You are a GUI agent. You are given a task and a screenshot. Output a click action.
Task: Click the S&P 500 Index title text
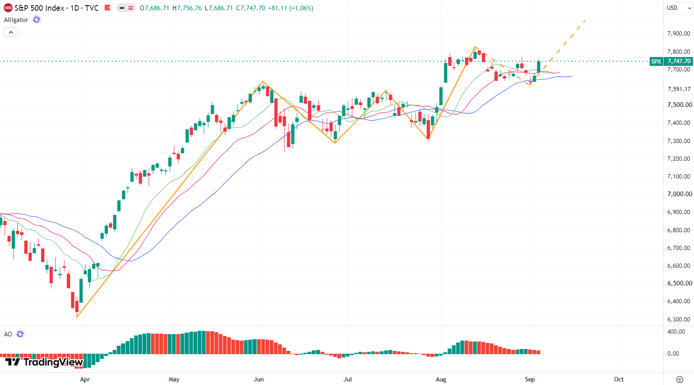click(x=39, y=8)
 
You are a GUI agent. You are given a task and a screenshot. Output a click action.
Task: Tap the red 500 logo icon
click(x=8, y=8)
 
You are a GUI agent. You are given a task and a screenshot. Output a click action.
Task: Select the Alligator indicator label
click(x=16, y=20)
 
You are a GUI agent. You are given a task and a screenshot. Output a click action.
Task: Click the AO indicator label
click(x=8, y=334)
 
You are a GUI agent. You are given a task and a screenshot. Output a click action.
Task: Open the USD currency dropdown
click(x=679, y=8)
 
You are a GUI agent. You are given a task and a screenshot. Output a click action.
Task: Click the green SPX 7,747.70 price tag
click(x=671, y=61)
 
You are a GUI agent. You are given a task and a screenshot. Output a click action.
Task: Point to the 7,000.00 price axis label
click(x=680, y=194)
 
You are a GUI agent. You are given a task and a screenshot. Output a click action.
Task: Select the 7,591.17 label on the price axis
click(x=679, y=89)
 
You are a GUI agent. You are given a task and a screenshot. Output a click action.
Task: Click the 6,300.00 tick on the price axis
click(x=679, y=319)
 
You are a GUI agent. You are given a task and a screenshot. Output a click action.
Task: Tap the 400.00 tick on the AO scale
click(x=676, y=332)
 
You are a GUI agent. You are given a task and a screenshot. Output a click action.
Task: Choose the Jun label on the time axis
click(x=259, y=379)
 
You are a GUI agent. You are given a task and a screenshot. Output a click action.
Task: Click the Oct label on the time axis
click(x=619, y=379)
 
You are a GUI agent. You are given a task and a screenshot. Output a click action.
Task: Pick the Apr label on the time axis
click(x=85, y=379)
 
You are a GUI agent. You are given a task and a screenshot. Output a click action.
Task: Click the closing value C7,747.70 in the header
click(x=251, y=8)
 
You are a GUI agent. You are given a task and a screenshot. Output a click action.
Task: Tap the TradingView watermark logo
click(x=44, y=362)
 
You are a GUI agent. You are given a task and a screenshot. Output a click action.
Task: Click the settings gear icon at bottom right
click(x=680, y=379)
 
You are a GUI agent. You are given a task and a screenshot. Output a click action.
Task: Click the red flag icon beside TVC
click(x=107, y=8)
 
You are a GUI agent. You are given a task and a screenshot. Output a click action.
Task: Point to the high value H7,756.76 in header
click(x=187, y=8)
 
